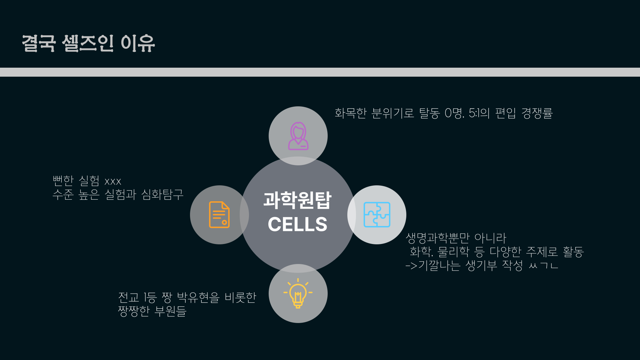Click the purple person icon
pos(298,136)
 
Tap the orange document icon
pos(219,215)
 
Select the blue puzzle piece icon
pos(377,215)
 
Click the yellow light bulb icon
pos(298,293)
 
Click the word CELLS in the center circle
pos(297,224)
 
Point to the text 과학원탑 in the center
pos(297,200)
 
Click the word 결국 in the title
pos(39,43)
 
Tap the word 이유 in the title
pos(138,43)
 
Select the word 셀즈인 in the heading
pos(88,43)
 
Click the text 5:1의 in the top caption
pos(479,113)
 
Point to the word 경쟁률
pos(537,113)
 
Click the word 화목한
pos(351,113)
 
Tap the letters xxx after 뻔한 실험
pos(113,182)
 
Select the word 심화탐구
pos(162,194)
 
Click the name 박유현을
pos(198,297)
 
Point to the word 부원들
pos(170,311)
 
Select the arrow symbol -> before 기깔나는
pos(411,266)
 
